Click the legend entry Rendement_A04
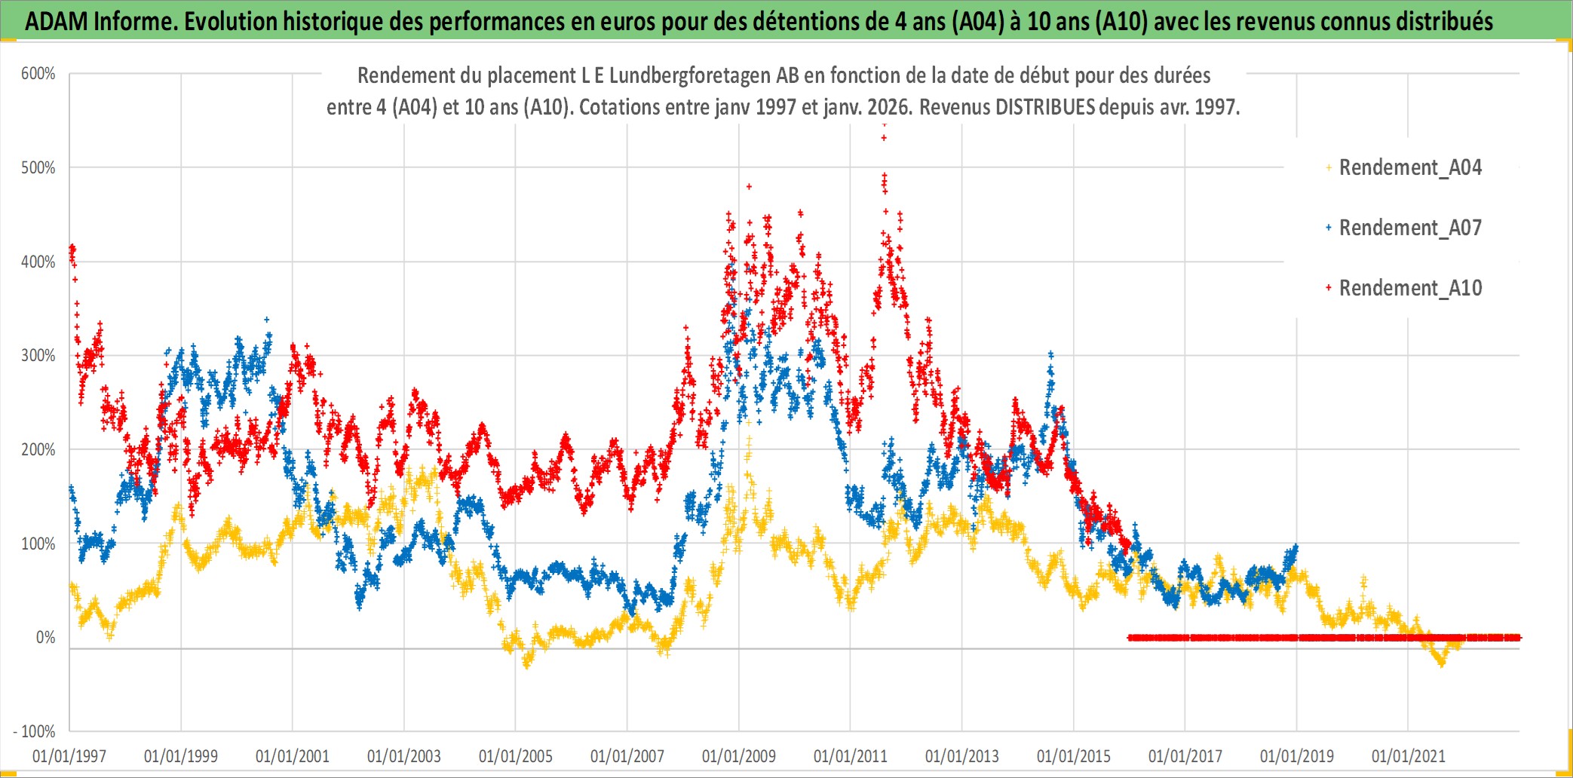[x=1409, y=167]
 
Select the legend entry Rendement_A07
[x=1409, y=228]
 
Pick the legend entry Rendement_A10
[x=1409, y=288]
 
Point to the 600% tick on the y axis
[x=38, y=74]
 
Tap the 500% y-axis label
[x=38, y=167]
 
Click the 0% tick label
[x=45, y=638]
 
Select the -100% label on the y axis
[x=35, y=731]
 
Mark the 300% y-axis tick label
[x=38, y=355]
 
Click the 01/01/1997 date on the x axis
[x=69, y=756]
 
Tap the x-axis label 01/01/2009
[x=739, y=756]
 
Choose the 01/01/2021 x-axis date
[x=1409, y=756]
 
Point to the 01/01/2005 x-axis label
[x=516, y=756]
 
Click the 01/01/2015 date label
[x=1074, y=756]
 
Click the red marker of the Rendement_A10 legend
[x=1329, y=288]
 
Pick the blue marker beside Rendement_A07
[x=1329, y=228]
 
